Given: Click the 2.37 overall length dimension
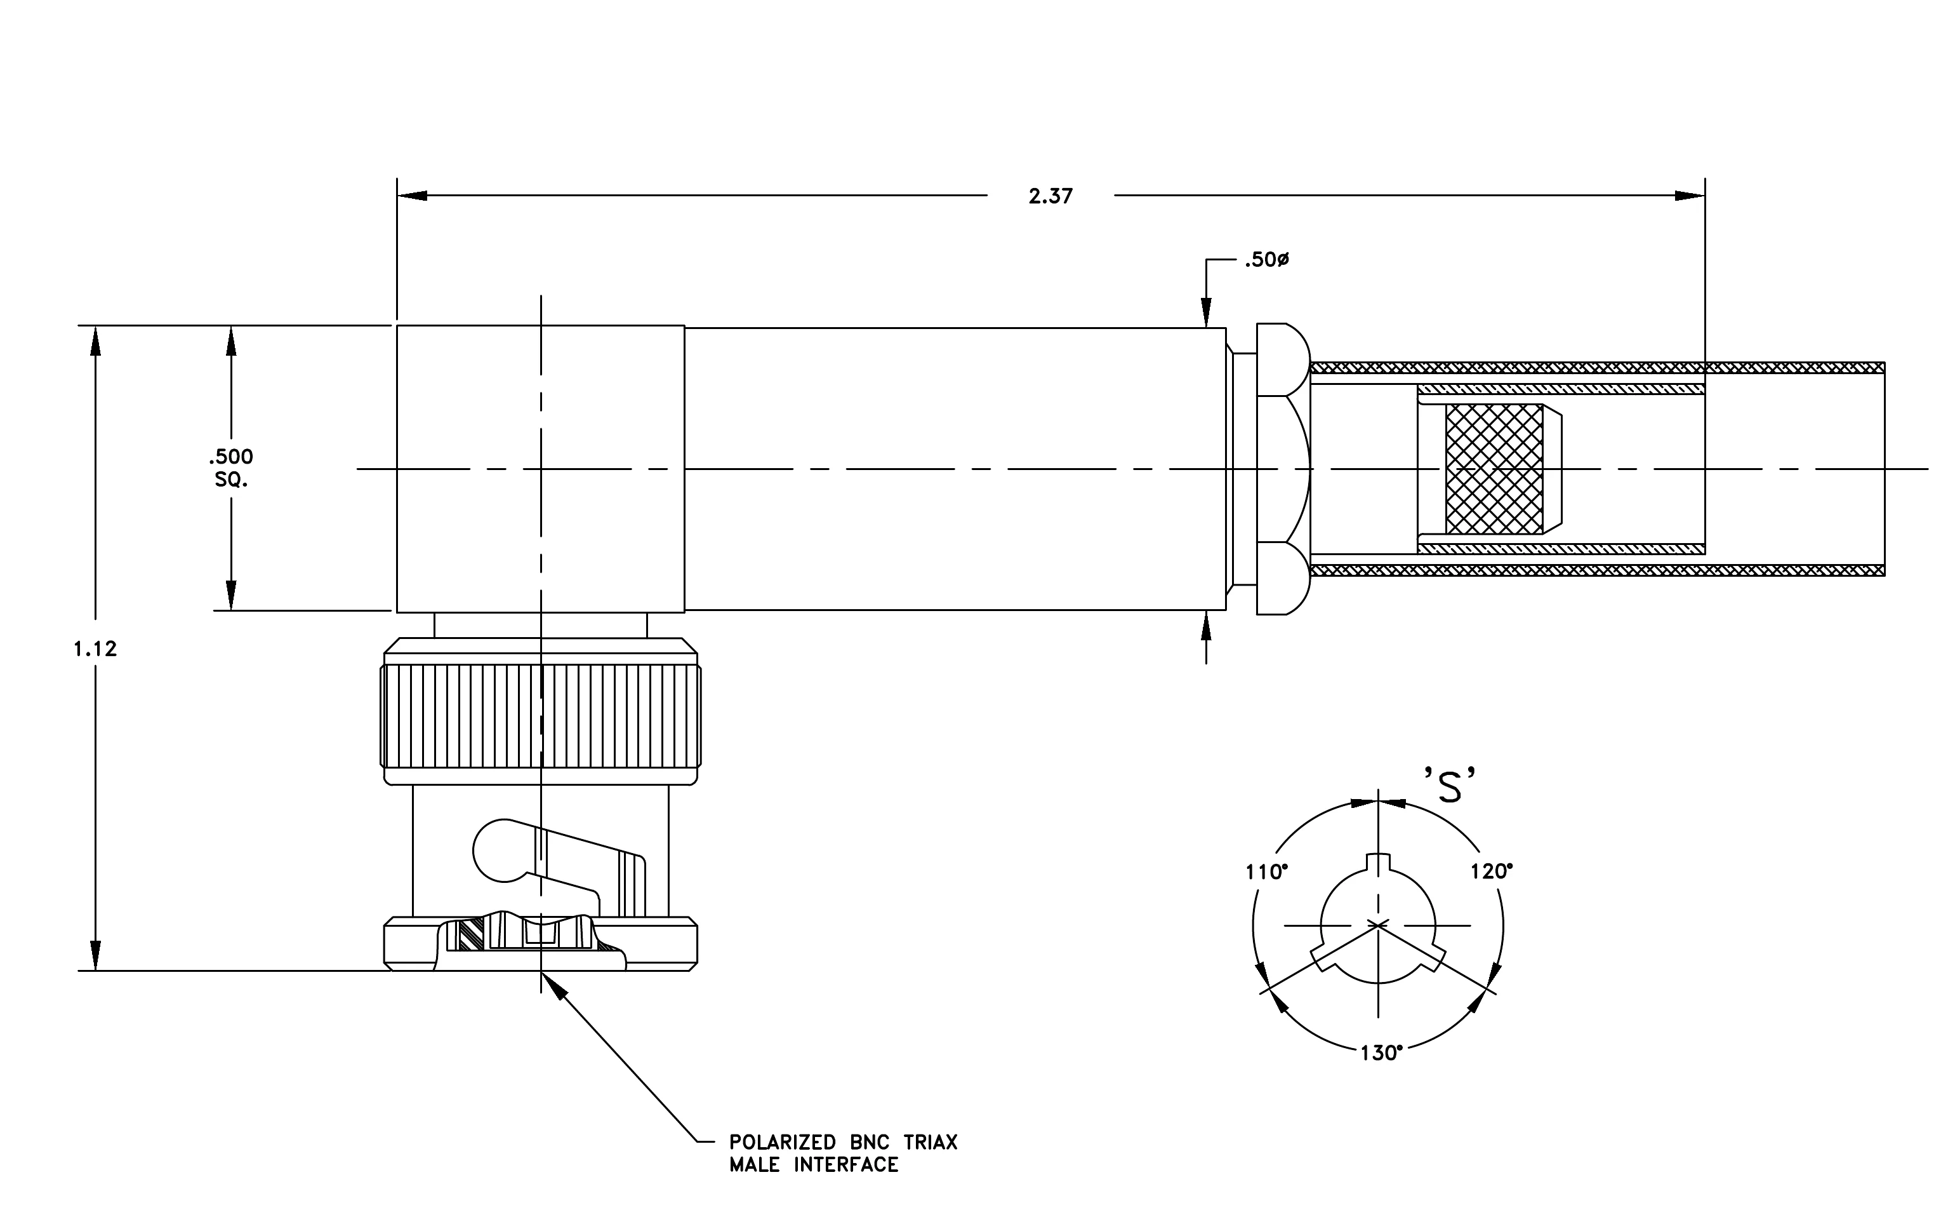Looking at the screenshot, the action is [x=1050, y=196].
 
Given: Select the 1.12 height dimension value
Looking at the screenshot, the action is [x=95, y=649].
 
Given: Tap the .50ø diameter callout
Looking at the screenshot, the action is [x=1267, y=260].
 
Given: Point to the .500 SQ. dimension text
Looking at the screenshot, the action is [x=232, y=468].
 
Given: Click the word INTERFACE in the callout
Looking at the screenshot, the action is [x=846, y=1165].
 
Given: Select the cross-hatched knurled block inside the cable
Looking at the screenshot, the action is [x=1494, y=469].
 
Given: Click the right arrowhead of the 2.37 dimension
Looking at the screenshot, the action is [x=1690, y=196].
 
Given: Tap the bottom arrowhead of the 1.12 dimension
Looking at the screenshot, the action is [x=95, y=956].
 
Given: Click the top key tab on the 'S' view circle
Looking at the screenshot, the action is [x=1377, y=862].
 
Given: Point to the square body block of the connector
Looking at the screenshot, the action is [x=540, y=469].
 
